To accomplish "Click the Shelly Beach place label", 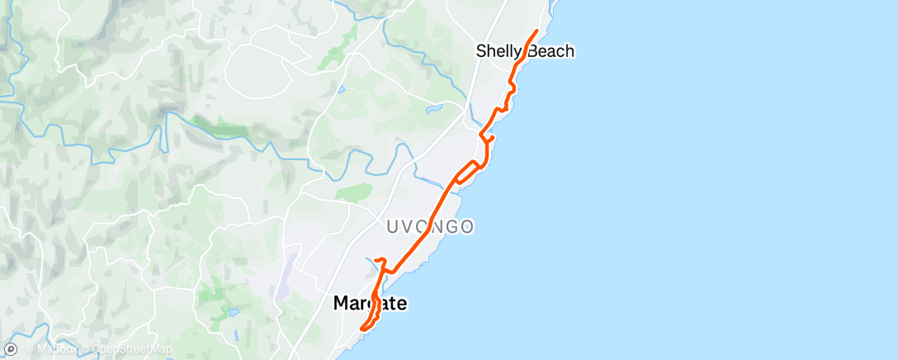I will coord(525,51).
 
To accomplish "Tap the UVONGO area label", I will coord(429,225).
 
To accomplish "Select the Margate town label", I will coord(370,304).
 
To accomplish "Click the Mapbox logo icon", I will coord(11,349).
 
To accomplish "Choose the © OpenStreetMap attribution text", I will coord(132,349).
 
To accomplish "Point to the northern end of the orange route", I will coord(537,31).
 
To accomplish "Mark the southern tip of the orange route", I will coord(362,331).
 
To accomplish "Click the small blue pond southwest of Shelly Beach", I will coord(434,107).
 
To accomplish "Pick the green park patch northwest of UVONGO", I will coord(353,192).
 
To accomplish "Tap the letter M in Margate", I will coord(340,304).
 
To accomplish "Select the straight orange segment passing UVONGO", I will coord(425,231).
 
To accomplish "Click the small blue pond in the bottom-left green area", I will coord(234,313).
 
